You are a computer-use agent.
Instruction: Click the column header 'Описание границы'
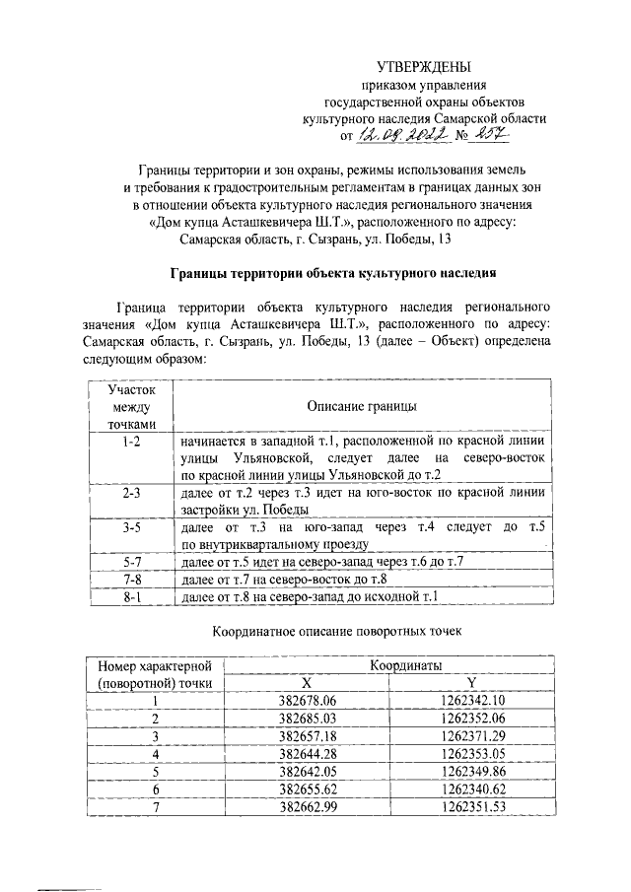click(x=360, y=407)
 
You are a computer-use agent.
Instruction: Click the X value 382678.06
click(x=308, y=701)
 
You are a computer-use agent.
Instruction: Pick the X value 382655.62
click(x=308, y=789)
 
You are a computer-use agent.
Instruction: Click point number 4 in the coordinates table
click(x=155, y=754)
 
